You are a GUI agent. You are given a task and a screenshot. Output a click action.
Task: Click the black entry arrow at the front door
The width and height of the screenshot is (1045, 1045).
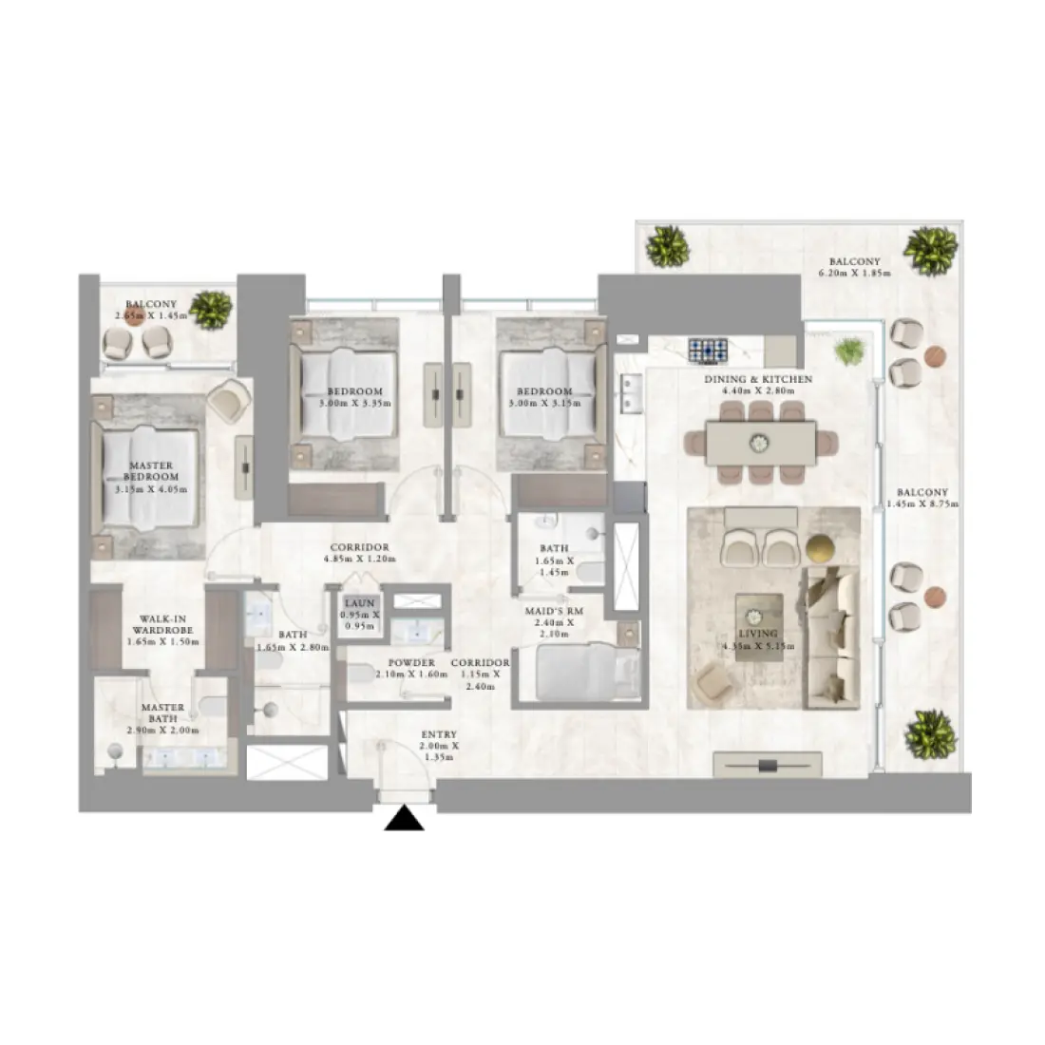[x=404, y=819]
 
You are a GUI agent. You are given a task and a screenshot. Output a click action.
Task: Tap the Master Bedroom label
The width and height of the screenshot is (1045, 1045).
[x=150, y=471]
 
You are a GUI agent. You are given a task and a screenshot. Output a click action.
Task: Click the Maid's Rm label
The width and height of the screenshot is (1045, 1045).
[x=554, y=612]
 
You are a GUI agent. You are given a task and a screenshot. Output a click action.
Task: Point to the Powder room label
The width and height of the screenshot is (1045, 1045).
[x=412, y=663]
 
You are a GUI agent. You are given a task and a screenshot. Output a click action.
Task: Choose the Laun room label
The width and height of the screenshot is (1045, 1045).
[x=360, y=603]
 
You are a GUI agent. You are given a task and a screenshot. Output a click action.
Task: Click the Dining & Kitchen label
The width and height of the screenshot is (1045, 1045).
[x=758, y=379]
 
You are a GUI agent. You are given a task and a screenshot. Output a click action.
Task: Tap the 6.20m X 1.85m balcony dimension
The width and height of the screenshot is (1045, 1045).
[x=854, y=274]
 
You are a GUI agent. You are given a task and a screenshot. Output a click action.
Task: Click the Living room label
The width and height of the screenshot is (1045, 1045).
[x=758, y=634]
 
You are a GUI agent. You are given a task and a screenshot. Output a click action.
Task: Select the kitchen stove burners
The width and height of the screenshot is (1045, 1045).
[x=708, y=350]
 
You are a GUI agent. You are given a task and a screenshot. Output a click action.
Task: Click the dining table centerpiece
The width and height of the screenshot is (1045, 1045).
[x=760, y=442]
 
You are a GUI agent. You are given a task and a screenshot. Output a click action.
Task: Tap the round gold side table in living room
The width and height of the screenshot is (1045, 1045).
[x=820, y=548]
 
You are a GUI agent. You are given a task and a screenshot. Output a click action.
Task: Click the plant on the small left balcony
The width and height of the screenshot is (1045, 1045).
[x=211, y=310]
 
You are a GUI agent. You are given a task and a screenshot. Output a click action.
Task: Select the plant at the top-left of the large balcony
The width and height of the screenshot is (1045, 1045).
[x=667, y=246]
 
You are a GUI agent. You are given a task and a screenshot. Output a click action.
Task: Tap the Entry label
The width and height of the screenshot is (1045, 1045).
[x=439, y=734]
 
